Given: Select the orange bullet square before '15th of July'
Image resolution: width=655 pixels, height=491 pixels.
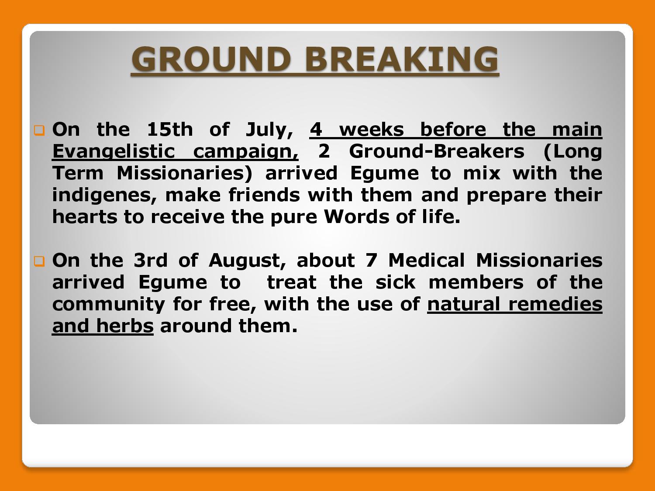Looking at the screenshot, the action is [x=39, y=130].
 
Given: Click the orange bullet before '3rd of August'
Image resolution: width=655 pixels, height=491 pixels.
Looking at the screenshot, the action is [x=39, y=261].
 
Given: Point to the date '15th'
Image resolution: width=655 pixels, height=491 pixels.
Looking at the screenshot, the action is [x=170, y=129].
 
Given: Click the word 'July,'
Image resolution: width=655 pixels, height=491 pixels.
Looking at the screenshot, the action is [x=269, y=130].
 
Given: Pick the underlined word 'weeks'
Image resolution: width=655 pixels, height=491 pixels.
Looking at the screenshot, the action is [x=372, y=129].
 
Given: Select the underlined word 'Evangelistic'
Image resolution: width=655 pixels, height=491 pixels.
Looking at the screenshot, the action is [x=114, y=152].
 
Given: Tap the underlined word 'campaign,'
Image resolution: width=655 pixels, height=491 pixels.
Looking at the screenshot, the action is [x=245, y=152].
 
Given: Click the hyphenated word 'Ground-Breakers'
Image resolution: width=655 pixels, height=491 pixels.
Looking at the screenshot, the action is [x=436, y=151].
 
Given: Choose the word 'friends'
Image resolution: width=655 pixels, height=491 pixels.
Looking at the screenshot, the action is [x=264, y=195].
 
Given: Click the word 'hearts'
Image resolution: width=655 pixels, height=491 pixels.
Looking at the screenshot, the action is [x=85, y=216].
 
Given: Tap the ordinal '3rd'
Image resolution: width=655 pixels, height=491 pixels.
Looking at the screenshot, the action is [x=150, y=260].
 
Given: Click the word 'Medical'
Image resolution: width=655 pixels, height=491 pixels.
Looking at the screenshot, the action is [x=427, y=260].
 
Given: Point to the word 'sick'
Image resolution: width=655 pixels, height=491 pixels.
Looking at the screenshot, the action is [x=395, y=282].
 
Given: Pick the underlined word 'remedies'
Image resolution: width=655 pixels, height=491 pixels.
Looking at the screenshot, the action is [x=555, y=304].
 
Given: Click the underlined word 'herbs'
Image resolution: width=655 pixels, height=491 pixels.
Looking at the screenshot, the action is [x=125, y=326].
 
